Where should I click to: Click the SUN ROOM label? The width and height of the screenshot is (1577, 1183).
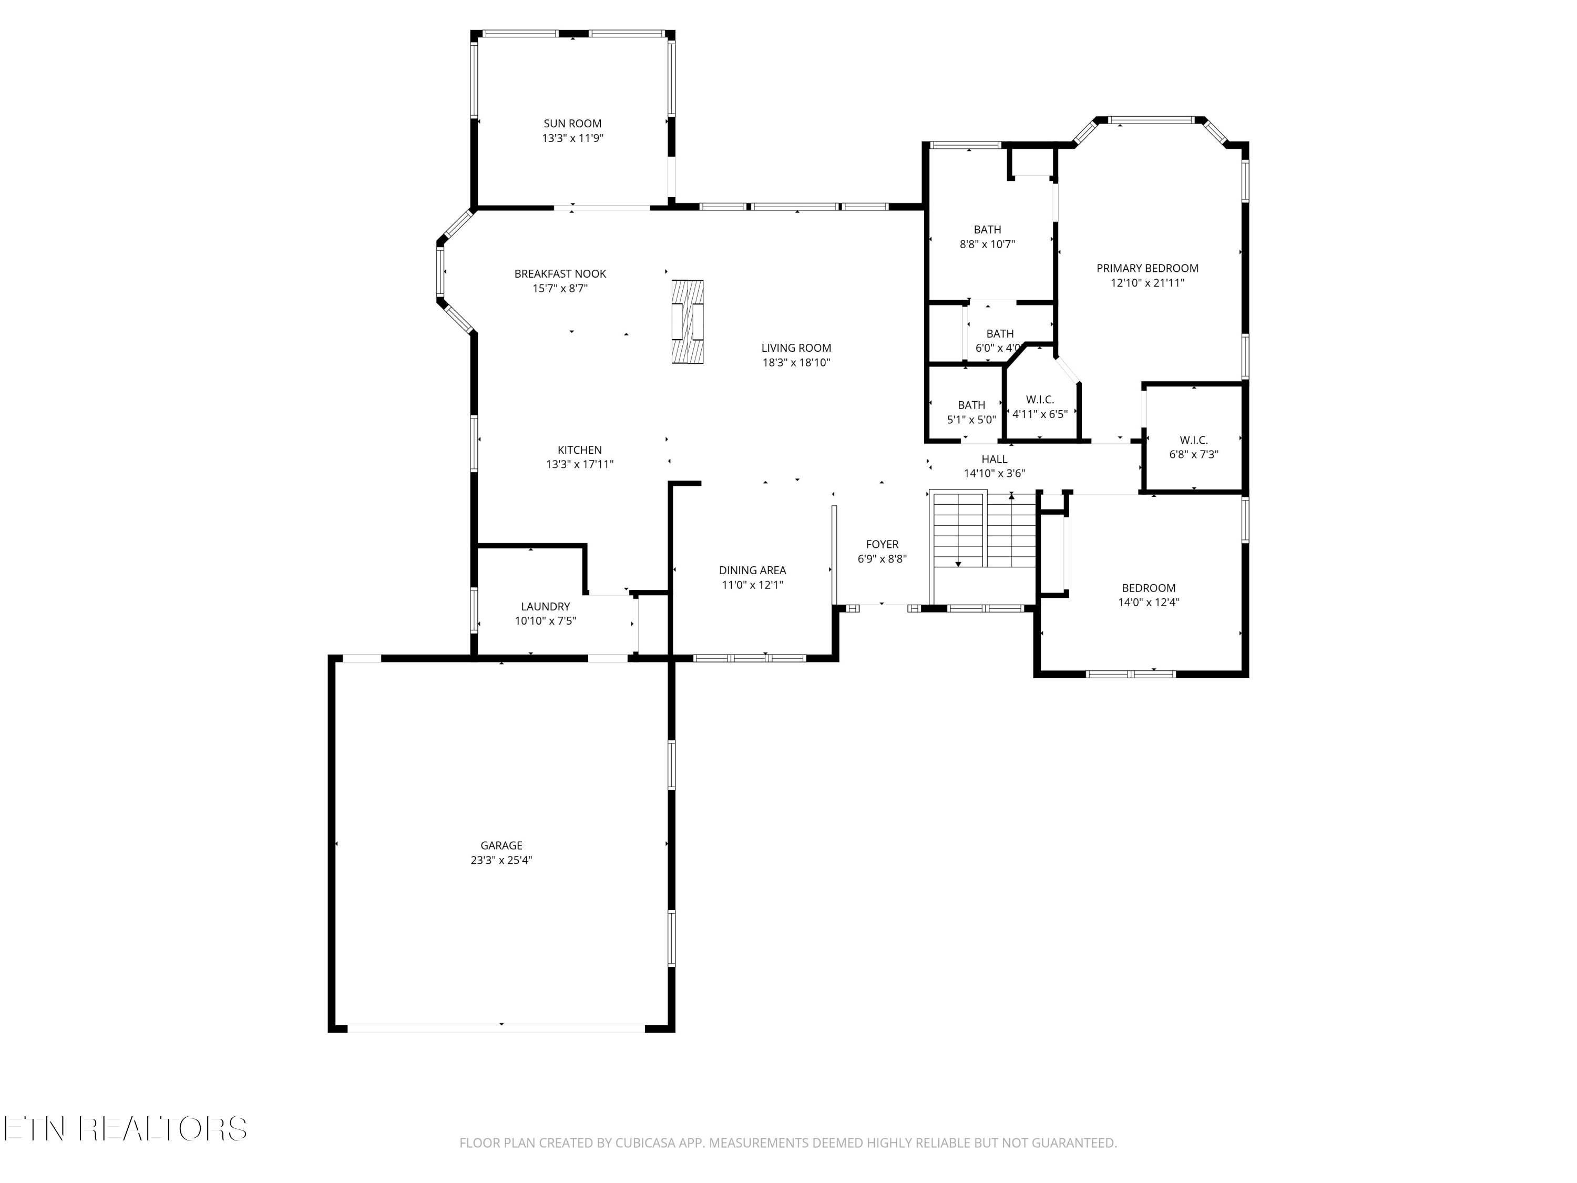[572, 124]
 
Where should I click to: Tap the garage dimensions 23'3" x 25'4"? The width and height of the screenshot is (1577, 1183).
[501, 860]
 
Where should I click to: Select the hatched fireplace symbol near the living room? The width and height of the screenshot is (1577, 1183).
[688, 322]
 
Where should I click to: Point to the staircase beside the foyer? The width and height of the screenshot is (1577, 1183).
[983, 528]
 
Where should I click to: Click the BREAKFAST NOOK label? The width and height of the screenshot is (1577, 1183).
[560, 274]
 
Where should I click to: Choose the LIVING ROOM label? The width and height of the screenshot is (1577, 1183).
[796, 348]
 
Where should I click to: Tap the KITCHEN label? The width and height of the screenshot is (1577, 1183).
[580, 450]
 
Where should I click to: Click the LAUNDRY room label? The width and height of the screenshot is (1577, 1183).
[546, 607]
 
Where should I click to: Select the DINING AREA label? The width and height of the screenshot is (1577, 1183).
[752, 570]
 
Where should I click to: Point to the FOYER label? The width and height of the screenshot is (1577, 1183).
[882, 544]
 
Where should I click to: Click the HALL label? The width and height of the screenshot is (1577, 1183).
[995, 459]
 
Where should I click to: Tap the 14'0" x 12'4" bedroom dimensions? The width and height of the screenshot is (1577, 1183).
[1149, 602]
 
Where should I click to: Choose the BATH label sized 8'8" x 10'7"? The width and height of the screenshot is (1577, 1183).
[987, 230]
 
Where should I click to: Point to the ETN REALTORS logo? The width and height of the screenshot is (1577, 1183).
[126, 1128]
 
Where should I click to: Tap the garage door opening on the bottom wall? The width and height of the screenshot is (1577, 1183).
[496, 1029]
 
